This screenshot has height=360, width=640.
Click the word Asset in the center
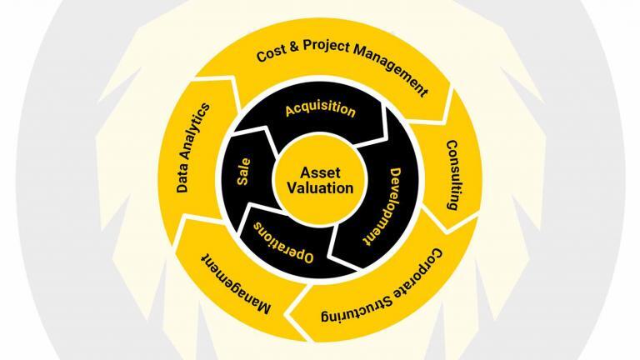pyautogui.click(x=320, y=172)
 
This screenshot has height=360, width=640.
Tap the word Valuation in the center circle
pyautogui.click(x=320, y=188)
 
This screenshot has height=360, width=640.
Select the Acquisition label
pyautogui.click(x=320, y=109)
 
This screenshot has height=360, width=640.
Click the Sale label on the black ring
pyautogui.click(x=243, y=172)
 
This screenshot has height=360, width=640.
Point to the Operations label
pyautogui.click(x=283, y=242)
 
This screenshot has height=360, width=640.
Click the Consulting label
pyautogui.click(x=452, y=175)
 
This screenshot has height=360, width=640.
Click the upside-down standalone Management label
pyautogui.click(x=236, y=284)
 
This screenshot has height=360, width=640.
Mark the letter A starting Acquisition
pyautogui.click(x=290, y=111)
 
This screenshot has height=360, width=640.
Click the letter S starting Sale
pyautogui.click(x=243, y=181)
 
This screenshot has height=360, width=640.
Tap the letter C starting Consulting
pyautogui.click(x=452, y=145)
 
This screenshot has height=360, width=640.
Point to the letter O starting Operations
pyautogui.click(x=307, y=257)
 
